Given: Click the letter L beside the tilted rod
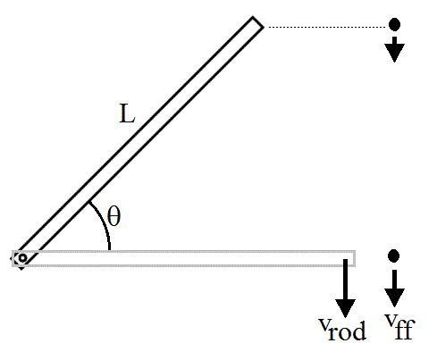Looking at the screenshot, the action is (127, 113).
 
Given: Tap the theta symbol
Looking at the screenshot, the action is (113, 216).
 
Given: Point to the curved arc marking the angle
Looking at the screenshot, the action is (103, 222).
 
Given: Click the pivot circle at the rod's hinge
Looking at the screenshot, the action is (22, 258).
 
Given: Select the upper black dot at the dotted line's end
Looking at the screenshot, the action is (394, 24).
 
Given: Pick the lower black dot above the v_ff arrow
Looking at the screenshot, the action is (394, 255).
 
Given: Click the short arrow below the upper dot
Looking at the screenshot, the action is (394, 49).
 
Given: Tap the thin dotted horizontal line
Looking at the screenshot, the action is (326, 27).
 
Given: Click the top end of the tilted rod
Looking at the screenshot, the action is (258, 22).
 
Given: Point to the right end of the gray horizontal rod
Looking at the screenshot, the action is (355, 258).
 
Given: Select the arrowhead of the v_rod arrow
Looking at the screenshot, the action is (345, 308).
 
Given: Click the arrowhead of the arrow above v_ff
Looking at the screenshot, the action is (394, 297).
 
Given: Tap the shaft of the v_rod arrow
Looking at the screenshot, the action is (345, 280).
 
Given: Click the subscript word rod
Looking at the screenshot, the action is (348, 331).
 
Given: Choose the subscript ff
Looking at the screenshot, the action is (405, 329).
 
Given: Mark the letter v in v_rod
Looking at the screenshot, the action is (324, 324).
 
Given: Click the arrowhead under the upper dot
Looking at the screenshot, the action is (394, 53).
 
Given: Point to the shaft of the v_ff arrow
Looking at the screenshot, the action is (394, 280).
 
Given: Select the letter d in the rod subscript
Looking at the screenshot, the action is (360, 331).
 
